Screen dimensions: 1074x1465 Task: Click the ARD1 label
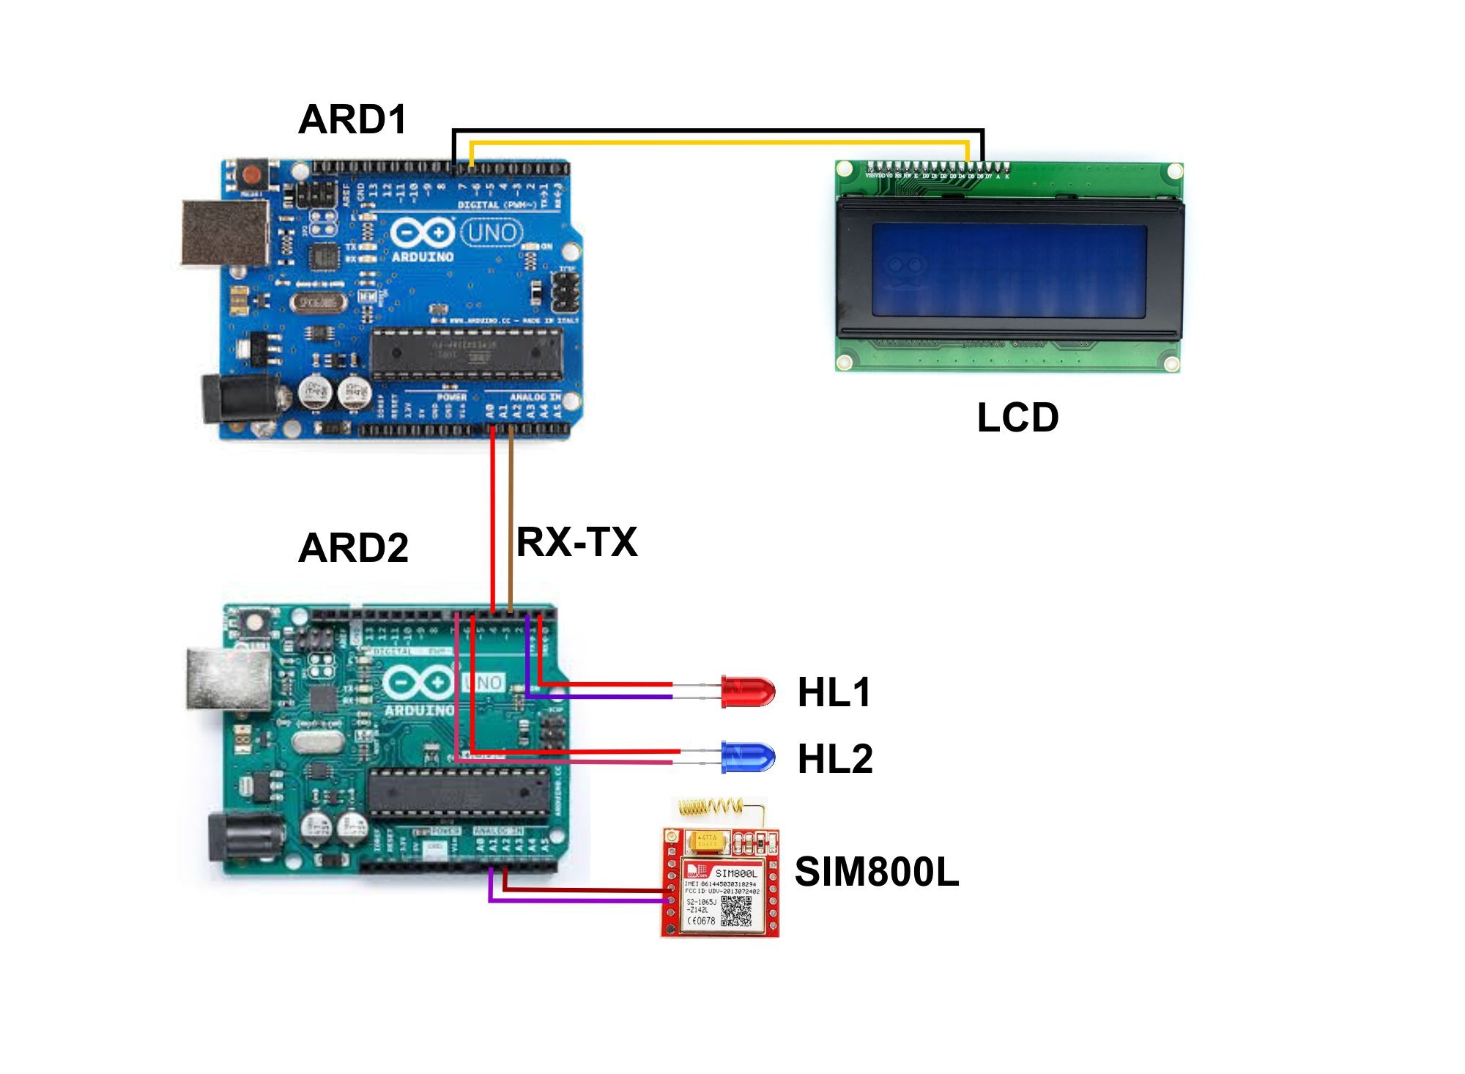[x=352, y=119]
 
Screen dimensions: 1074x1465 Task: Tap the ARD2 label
[x=353, y=548]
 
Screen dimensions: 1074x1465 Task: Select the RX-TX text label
[x=576, y=542]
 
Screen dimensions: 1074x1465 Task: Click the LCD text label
[x=1017, y=418]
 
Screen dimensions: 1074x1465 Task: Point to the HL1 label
[x=834, y=692]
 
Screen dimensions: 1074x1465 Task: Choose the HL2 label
[x=835, y=759]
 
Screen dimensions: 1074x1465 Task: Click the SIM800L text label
[x=877, y=872]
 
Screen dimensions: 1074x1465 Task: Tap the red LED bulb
[x=749, y=691]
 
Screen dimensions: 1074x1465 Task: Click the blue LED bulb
[x=749, y=758]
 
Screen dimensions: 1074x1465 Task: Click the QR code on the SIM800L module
[x=736, y=911]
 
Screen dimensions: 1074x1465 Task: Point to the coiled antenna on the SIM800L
[x=711, y=807]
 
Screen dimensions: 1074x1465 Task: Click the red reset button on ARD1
[x=251, y=175]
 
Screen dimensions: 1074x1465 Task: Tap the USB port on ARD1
[x=225, y=232]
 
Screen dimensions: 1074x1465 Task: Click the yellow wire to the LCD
[x=718, y=142]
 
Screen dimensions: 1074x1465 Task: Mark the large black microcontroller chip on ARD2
[x=459, y=793]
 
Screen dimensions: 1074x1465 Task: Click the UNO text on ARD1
[x=492, y=233]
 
